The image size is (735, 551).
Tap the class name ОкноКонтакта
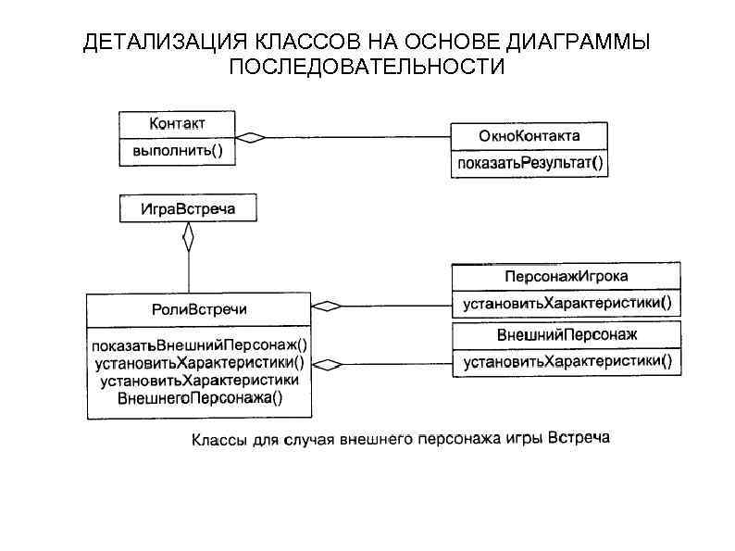(x=529, y=136)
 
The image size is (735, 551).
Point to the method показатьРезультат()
(x=529, y=164)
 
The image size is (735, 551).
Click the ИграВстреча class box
(x=188, y=208)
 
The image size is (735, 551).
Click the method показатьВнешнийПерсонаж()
(x=199, y=344)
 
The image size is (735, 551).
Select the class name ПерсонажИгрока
(x=566, y=276)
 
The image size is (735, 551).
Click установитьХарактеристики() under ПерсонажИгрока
(x=566, y=303)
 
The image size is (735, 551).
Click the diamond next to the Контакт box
(x=250, y=137)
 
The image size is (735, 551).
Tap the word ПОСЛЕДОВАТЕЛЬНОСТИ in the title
(x=367, y=68)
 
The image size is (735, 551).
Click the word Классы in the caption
(x=218, y=439)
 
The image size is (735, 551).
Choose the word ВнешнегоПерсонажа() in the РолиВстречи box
(x=199, y=398)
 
